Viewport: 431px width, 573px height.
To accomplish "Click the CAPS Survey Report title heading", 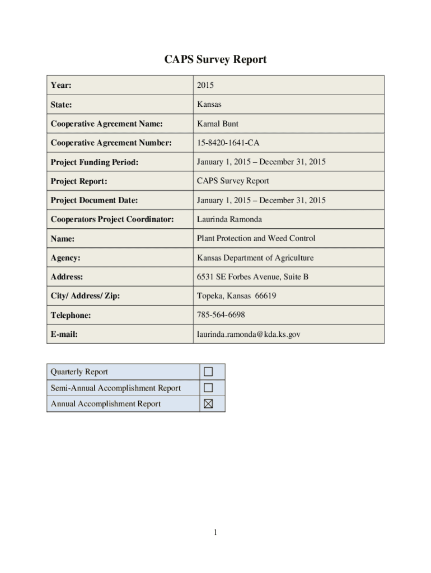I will point(215,59).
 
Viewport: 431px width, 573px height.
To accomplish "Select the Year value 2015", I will point(205,86).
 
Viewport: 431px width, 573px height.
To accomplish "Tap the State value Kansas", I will point(209,105).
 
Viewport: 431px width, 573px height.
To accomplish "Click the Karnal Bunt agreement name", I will point(218,124).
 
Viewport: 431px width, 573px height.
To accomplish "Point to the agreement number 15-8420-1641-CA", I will point(228,143).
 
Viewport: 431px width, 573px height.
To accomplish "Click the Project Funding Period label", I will point(95,162).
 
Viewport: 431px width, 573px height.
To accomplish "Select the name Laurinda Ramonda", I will point(229,219).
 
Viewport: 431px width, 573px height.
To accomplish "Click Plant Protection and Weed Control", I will point(256,238).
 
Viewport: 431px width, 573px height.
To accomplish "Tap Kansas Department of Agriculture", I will point(255,258).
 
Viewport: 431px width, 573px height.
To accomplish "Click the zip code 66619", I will point(265,296).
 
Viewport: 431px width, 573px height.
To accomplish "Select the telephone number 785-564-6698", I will point(221,315).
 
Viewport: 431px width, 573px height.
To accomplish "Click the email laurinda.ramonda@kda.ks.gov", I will point(249,334).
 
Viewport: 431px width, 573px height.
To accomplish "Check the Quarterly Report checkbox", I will point(208,372).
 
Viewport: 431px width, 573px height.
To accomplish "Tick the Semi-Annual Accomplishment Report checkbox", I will point(208,388).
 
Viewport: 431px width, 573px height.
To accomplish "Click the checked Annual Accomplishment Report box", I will point(208,404).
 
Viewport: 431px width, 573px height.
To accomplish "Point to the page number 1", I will point(215,533).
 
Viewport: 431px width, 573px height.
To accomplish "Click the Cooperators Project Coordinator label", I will point(112,219).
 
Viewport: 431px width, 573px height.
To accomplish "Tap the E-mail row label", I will point(64,335).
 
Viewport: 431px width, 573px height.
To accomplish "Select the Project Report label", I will point(79,181).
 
